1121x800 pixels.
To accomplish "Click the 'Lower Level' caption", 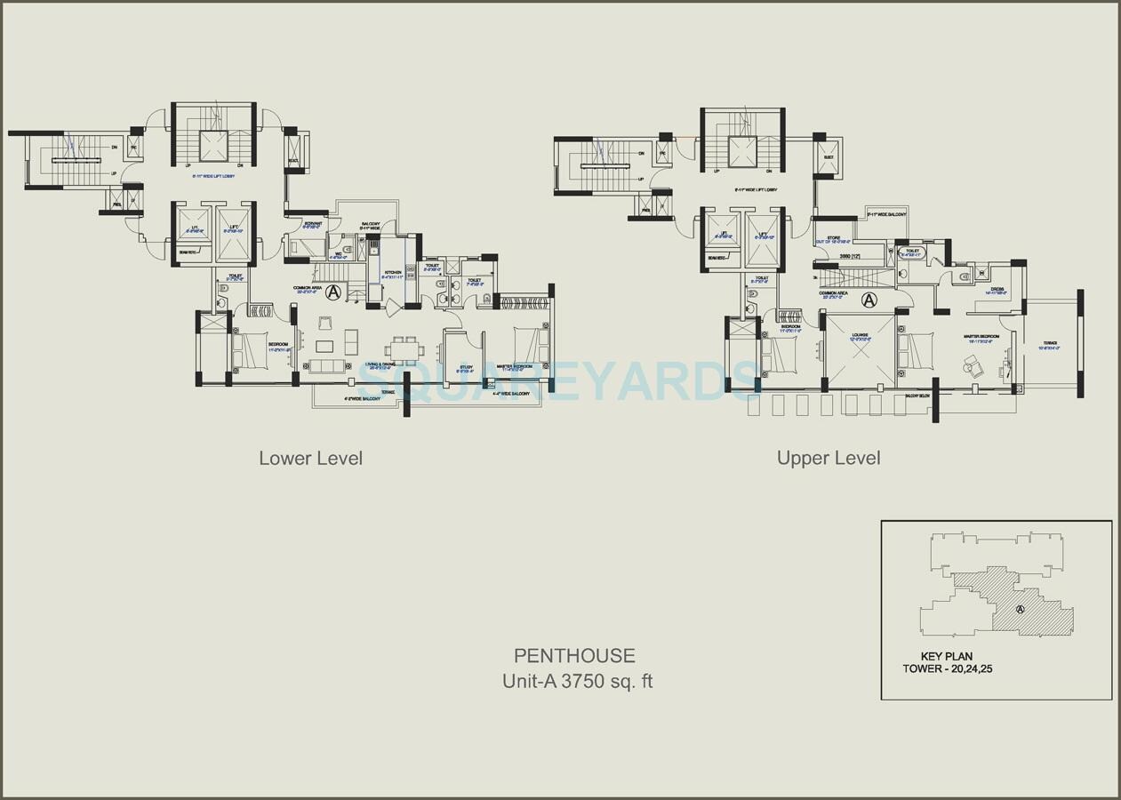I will tap(310, 458).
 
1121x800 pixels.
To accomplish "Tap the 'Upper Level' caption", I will tap(829, 458).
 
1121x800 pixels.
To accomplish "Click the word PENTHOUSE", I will tap(574, 656).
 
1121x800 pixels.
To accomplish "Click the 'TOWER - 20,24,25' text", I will tap(947, 668).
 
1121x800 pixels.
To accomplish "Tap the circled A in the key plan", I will tap(1020, 610).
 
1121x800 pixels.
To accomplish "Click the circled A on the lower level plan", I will tap(333, 292).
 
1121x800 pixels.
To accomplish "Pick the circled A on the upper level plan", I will tap(869, 300).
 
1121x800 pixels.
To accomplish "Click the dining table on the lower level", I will tap(404, 348).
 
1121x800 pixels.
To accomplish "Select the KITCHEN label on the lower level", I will tap(392, 273).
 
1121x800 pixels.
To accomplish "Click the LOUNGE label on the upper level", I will tap(859, 335).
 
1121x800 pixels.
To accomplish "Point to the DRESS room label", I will tap(997, 287).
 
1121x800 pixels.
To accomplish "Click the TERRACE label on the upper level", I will tap(1050, 343).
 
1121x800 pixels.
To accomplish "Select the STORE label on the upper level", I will tap(833, 238).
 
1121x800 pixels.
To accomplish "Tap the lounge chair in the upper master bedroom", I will tap(974, 365).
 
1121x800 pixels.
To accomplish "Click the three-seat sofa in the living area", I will tap(327, 366).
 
